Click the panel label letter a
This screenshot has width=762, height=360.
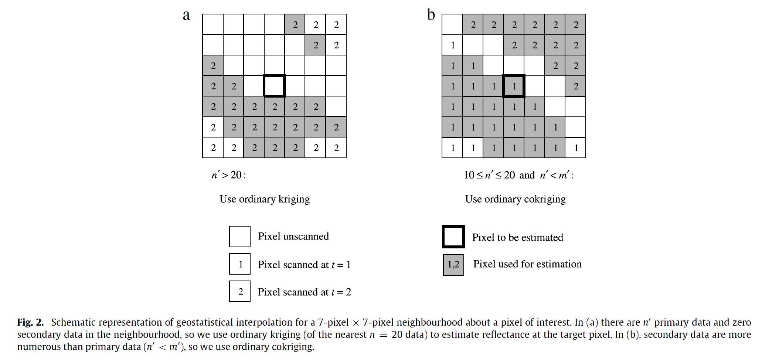(x=186, y=15)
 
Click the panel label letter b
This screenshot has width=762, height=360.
(x=431, y=15)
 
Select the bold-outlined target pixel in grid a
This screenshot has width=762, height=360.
(x=274, y=86)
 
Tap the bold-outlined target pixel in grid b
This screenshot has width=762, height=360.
(x=514, y=86)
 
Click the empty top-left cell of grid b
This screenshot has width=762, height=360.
(x=452, y=24)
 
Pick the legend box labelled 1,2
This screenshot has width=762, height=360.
(x=453, y=265)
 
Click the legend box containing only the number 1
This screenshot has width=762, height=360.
(x=240, y=264)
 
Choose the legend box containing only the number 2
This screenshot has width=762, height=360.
(x=240, y=291)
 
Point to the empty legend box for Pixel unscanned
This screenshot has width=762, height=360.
(x=240, y=237)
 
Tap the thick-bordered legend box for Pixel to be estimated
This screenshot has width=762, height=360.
(x=453, y=237)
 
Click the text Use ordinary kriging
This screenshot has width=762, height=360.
(x=265, y=199)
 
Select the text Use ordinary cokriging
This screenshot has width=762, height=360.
(x=515, y=199)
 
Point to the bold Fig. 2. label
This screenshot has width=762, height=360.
(x=30, y=322)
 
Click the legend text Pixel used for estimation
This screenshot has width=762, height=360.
(x=527, y=264)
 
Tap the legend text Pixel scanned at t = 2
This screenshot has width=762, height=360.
(x=304, y=292)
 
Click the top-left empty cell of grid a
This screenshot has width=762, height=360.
(x=213, y=24)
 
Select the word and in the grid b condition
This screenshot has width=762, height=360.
(x=527, y=175)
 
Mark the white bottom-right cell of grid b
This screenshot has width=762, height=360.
(x=575, y=147)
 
